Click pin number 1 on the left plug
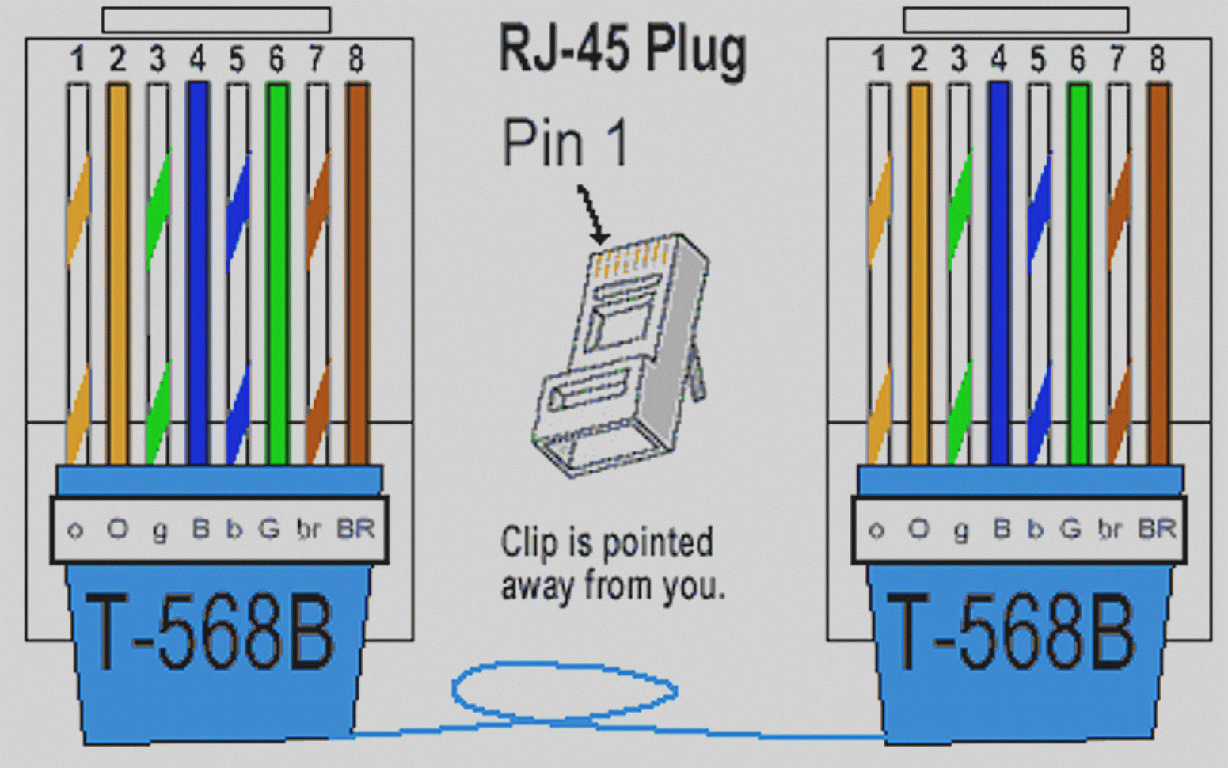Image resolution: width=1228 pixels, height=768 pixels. coord(78,59)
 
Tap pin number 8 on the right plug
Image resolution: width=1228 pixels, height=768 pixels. coord(1158,59)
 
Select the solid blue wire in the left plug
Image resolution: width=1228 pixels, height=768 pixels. coord(197,269)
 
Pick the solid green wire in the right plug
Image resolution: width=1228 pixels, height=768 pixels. coord(1078,269)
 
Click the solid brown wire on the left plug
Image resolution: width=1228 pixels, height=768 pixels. coord(358,269)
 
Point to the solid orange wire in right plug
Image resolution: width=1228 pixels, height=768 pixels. coord(918,269)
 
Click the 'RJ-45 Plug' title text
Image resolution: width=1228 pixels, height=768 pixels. coord(622,49)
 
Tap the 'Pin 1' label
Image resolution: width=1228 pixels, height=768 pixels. coord(565,143)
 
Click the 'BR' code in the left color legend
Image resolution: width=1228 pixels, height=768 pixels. coord(355,528)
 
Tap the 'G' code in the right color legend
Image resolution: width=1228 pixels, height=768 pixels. coord(1070,528)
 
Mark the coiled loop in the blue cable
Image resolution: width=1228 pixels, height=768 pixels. coord(564,690)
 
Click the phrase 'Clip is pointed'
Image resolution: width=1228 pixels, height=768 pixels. coord(606,543)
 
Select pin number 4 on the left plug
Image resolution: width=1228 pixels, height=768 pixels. coord(197,59)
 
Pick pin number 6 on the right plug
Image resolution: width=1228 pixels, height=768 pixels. coord(1078,59)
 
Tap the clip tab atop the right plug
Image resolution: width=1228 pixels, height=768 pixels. coord(1016,20)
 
